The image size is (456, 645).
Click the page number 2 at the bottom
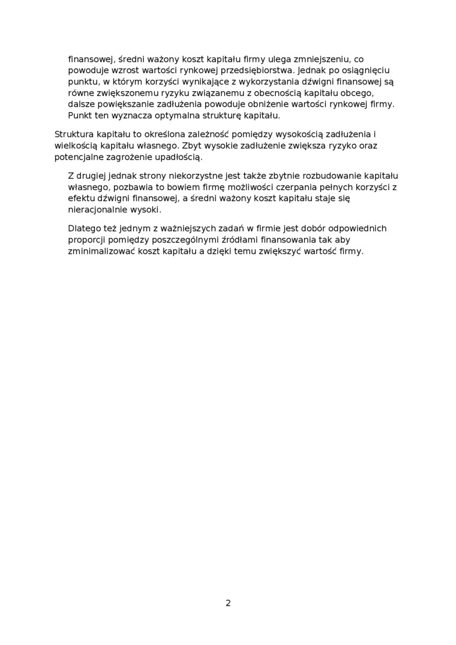pos(228,603)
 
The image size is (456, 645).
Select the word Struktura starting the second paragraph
pos(74,134)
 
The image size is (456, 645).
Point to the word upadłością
pos(181,157)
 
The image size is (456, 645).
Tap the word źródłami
pos(226,240)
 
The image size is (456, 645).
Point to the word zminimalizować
pos(101,251)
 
